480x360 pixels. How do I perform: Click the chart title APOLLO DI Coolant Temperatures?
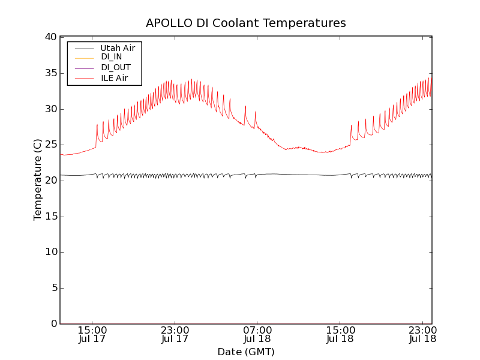click(246, 23)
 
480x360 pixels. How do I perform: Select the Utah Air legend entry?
click(118, 48)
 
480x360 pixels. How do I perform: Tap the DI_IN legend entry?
click(111, 58)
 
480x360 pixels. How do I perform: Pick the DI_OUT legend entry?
click(115, 68)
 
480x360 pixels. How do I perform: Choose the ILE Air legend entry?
click(114, 78)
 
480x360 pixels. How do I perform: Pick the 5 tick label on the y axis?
click(53, 288)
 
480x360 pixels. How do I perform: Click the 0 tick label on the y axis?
click(53, 324)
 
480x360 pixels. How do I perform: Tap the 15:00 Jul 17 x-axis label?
click(92, 335)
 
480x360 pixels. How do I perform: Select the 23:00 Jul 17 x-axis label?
click(175, 335)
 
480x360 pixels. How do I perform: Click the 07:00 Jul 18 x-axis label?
click(257, 335)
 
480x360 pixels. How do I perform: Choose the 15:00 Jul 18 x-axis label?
click(340, 335)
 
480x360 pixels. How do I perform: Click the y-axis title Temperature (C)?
click(38, 180)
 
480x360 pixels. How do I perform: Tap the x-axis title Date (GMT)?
click(246, 352)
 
